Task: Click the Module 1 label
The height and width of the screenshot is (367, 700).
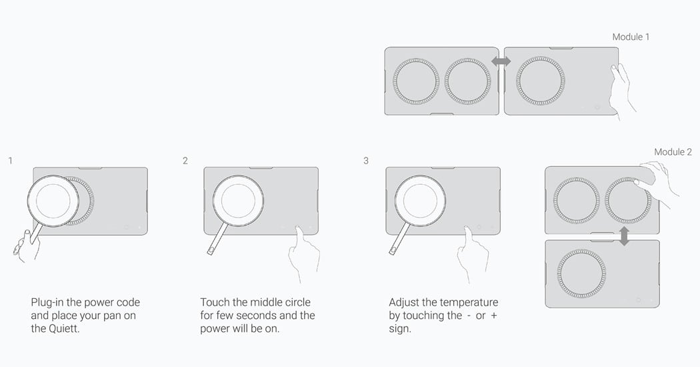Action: point(631,37)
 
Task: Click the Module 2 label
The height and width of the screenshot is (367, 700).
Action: point(673,152)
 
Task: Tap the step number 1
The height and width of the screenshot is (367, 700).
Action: point(10,160)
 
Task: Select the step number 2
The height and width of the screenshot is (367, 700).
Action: point(185,160)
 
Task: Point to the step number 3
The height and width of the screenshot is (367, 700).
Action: point(366,160)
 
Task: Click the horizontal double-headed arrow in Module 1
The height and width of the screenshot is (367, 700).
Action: point(501,61)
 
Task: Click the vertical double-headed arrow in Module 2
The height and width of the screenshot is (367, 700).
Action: point(624,236)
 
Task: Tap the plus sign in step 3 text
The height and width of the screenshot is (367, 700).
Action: point(493,316)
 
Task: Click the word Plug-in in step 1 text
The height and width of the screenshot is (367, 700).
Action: point(47,303)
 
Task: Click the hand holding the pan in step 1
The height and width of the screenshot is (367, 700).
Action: point(25,244)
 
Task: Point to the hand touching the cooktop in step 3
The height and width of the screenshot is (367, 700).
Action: point(471,253)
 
